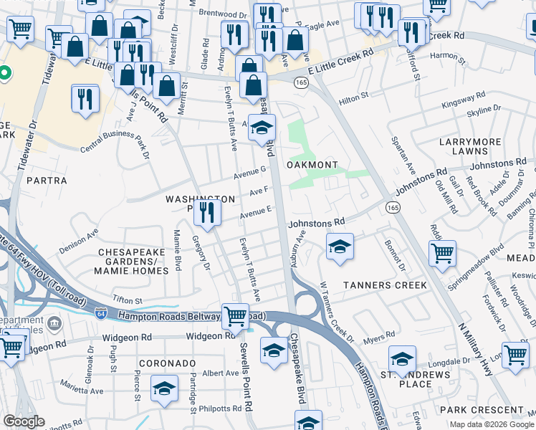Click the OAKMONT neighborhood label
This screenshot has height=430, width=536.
(312, 165)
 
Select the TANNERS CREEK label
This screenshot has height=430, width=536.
(384, 285)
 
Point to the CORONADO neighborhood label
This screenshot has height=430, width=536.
(167, 363)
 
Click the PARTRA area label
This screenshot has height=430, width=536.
(47, 181)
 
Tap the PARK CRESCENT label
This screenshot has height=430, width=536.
(482, 410)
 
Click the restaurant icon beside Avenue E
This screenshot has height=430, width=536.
(207, 212)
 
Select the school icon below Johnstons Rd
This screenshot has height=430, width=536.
(340, 247)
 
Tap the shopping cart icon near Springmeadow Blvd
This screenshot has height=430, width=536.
(443, 252)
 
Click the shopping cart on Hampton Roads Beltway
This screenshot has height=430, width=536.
(235, 315)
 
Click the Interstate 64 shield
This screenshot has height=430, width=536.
(101, 313)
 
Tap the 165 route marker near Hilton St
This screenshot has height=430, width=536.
(301, 83)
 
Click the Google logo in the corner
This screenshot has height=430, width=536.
(24, 421)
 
